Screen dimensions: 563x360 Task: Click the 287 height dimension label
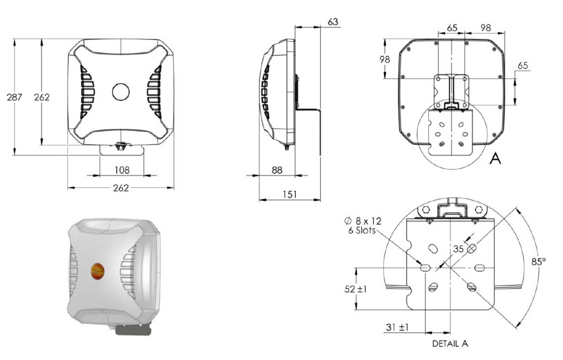14,97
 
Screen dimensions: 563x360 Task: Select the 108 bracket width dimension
121,170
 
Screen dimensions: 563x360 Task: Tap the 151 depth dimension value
290,194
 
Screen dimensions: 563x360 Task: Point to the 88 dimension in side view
277,170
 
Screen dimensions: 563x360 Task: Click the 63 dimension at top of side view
333,22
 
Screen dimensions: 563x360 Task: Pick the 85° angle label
539,261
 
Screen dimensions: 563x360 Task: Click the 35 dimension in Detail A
459,249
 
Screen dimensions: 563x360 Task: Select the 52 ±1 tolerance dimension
356,289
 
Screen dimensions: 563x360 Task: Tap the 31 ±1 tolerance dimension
397,327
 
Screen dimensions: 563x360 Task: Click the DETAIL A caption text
450,344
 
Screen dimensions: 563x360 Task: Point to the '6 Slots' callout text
362,230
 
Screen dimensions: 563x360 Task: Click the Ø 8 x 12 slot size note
362,221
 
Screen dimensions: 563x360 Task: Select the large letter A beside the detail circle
495,158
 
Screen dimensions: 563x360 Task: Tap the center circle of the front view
121,92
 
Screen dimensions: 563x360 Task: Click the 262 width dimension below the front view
121,188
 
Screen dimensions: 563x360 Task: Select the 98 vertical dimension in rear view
384,59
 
